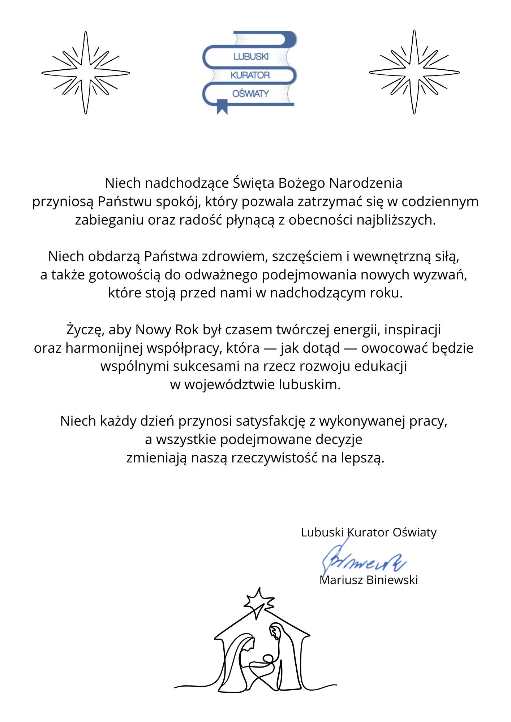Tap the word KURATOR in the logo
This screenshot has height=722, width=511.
point(250,75)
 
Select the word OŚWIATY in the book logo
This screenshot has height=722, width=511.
point(250,93)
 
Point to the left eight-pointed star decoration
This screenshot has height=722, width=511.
point(86,73)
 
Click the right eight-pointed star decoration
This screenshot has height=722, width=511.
point(414,72)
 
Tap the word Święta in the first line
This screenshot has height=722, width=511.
point(253,183)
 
